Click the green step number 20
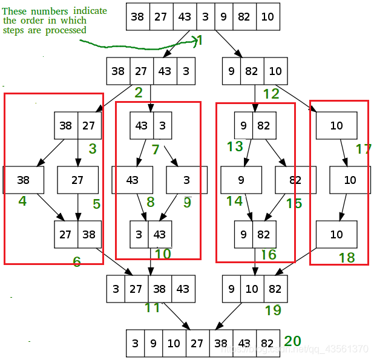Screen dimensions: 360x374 click(292, 341)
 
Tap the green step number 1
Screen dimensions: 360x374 click(200, 41)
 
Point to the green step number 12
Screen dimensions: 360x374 click(271, 94)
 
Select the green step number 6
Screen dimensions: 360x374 click(76, 261)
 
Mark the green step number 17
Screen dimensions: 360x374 click(363, 148)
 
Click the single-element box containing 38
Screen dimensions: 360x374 click(24, 180)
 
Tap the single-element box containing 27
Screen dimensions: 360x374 click(77, 180)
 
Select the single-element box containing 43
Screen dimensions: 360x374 click(133, 180)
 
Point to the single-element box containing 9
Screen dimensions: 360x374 click(241, 180)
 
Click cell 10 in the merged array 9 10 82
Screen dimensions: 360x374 click(252, 289)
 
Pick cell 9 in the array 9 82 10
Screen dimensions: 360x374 click(231, 71)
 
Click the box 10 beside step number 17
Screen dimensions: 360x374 click(336, 126)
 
